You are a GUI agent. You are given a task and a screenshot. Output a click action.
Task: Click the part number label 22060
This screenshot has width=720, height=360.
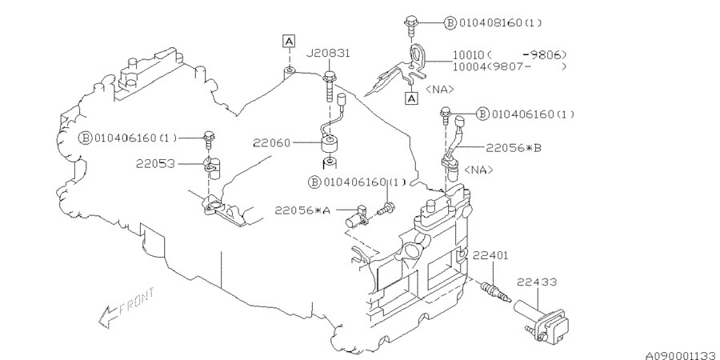pos(271,143)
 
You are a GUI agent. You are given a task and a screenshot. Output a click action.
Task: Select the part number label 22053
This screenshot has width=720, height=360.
pos(155,163)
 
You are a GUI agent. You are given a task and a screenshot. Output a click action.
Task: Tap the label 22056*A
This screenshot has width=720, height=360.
pos(302,210)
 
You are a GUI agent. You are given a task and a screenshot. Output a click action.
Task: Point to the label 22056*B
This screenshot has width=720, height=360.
pos(514,148)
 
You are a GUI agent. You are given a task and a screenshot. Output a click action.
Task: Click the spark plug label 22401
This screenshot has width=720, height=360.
pos(490,255)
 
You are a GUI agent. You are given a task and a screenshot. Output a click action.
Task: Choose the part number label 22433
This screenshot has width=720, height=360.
pos(537,282)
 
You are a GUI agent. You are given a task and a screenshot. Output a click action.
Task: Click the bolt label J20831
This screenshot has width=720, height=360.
pos(328,54)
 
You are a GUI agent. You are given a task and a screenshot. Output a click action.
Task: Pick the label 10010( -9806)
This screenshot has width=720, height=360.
pos(510,55)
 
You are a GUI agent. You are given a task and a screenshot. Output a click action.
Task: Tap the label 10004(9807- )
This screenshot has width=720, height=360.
pos(510,66)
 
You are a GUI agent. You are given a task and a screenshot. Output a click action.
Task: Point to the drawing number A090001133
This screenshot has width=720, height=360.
pos(682,355)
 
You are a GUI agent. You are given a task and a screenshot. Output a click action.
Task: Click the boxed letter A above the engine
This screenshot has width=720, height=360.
pos(288,42)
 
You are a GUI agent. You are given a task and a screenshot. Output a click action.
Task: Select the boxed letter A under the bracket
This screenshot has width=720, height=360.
pos(411,98)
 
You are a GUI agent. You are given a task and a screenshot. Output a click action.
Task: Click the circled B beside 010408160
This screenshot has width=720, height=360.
pos(450,22)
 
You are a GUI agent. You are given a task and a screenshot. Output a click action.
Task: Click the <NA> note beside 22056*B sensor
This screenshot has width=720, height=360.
pos(479,170)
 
